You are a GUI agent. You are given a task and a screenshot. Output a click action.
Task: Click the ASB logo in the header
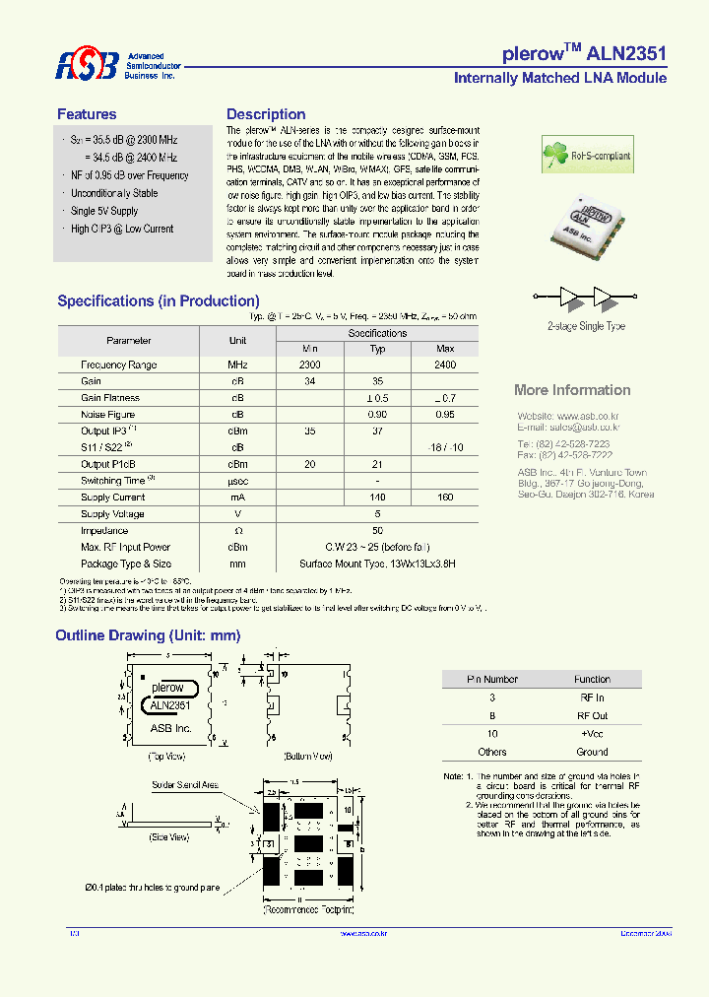[87, 65]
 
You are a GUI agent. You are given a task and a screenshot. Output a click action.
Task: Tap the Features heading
[87, 114]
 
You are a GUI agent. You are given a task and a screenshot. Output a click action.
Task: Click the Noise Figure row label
[108, 415]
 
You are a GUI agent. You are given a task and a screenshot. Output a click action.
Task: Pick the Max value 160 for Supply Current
[445, 498]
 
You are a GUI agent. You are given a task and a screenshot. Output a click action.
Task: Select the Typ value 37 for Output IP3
[377, 432]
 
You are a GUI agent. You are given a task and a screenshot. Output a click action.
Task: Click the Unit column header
[237, 340]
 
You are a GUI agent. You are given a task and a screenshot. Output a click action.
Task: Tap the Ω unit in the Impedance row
[237, 530]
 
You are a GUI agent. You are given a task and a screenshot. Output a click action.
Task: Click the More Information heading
[572, 390]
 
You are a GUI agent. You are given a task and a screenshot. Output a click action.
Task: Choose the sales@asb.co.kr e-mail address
[584, 429]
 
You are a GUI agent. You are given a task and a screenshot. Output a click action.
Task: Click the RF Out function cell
[592, 715]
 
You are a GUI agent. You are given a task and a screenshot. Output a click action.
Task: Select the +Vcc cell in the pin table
[592, 734]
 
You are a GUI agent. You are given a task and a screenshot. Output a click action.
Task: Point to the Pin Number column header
[492, 679]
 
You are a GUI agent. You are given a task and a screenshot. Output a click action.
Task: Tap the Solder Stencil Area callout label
[185, 785]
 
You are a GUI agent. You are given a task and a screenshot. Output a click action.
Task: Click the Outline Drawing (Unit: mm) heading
[148, 635]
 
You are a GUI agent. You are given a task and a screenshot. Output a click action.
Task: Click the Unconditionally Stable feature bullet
[114, 193]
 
